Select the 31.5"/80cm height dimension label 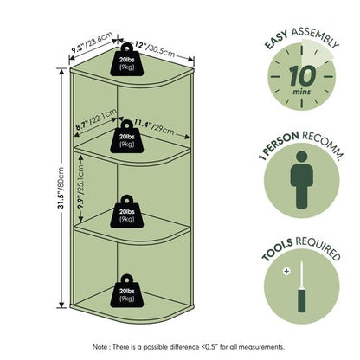click(61, 188)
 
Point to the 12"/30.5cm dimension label click(155, 49)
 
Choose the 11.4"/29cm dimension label click(154, 127)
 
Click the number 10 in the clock click(302, 75)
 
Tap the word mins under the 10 click(302, 92)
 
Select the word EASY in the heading click(276, 40)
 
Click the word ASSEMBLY click(315, 37)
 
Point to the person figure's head click(302, 157)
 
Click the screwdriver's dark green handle click(301, 301)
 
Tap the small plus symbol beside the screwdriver click(286, 271)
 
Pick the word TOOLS click(277, 249)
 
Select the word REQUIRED click(318, 247)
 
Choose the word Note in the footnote click(99, 346)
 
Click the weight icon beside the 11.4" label click(127, 137)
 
